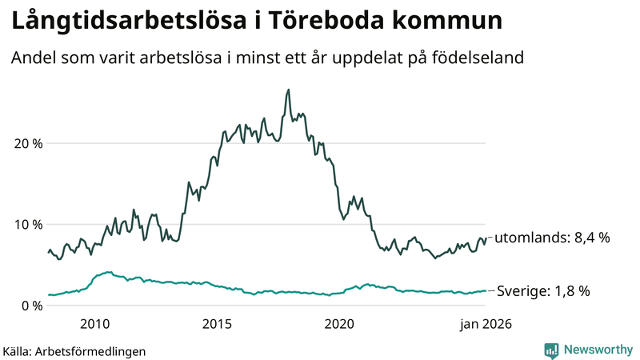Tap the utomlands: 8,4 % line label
pyautogui.click(x=552, y=238)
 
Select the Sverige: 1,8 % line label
pyautogui.click(x=543, y=291)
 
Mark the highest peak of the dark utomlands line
pyautogui.click(x=288, y=90)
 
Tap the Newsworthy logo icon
pyautogui.click(x=551, y=350)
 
